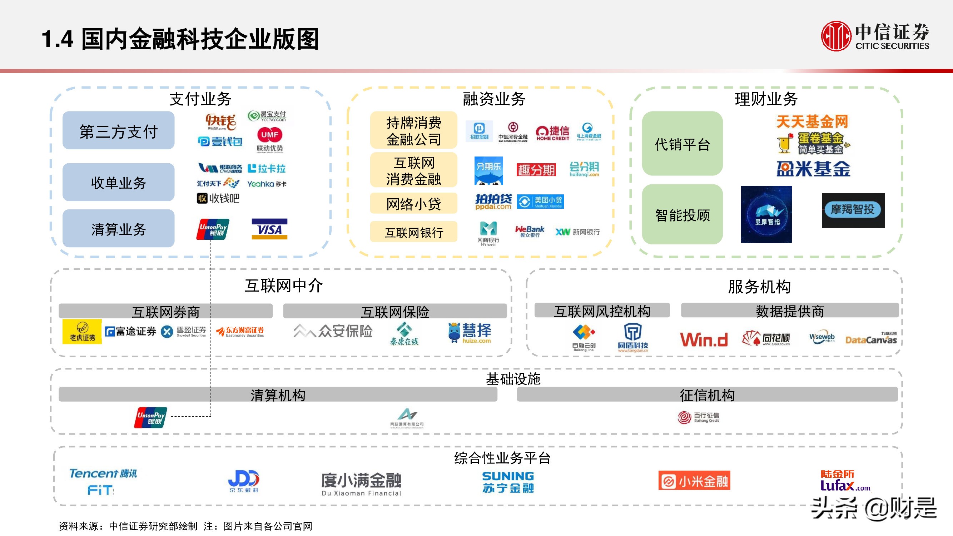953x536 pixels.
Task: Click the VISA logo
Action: pos(269,229)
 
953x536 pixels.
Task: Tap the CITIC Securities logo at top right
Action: pos(875,36)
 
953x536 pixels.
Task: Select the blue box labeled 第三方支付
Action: pos(118,130)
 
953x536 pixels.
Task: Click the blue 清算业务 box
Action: pos(118,229)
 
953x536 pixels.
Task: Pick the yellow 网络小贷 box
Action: pos(413,203)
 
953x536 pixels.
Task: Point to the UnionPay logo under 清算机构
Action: pos(150,418)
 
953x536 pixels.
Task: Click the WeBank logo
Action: pos(530,231)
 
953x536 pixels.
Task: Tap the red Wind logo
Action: pos(703,339)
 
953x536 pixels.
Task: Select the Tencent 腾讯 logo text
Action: pos(103,473)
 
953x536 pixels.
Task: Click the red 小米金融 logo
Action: pos(694,481)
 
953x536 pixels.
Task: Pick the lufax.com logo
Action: pos(845,481)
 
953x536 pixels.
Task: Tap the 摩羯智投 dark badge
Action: pos(853,210)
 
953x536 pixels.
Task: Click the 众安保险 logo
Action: pos(333,331)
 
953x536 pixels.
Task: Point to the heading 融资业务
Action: pos(494,99)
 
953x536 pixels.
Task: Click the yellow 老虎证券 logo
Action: pos(82,332)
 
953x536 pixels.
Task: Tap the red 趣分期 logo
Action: pos(536,170)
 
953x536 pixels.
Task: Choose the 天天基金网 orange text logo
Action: pos(812,121)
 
